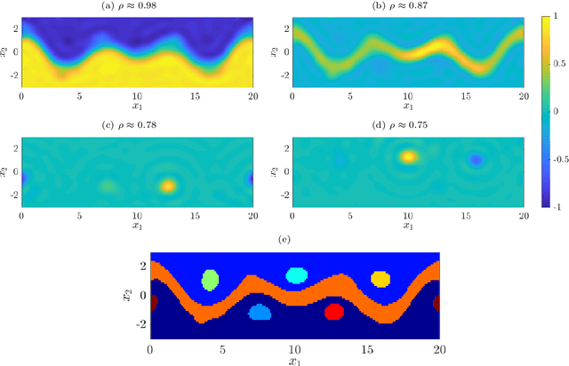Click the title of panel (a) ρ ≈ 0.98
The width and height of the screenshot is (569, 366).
(x=137, y=7)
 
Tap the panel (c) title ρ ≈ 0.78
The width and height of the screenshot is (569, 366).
(x=137, y=127)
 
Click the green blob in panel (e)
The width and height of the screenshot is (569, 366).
(x=210, y=280)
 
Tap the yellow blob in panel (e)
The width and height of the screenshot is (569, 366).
(x=381, y=279)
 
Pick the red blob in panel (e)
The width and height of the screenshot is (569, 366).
(x=334, y=311)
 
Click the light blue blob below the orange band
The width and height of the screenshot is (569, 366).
(x=260, y=312)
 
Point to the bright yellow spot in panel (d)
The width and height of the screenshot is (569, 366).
(x=408, y=157)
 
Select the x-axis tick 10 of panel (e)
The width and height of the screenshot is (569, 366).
(x=294, y=349)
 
